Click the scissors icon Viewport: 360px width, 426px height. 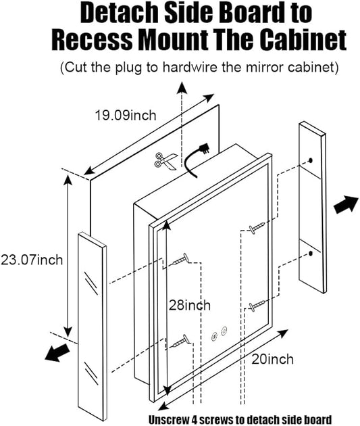pos(165,161)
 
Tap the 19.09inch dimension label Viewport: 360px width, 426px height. pos(126,115)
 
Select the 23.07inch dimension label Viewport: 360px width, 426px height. pos(32,260)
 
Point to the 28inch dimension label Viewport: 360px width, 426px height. pos(190,305)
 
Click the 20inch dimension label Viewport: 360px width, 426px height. pos(272,359)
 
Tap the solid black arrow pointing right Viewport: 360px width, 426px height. pos(346,204)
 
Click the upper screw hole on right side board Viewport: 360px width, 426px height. pos(311,160)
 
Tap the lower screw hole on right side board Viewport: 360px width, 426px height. pos(310,254)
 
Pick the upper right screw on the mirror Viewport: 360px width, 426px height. pos(257,228)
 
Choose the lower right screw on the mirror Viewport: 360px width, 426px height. pos(257,305)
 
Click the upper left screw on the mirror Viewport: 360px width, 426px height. pos(180,260)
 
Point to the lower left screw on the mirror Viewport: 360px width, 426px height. pos(180,341)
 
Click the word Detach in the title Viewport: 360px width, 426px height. pos(119,13)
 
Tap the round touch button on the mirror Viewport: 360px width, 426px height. pos(224,331)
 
